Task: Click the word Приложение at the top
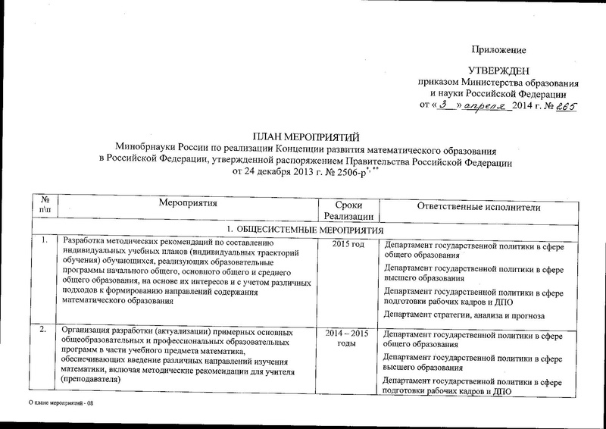[498, 50]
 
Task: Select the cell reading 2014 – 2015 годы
[348, 338]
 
